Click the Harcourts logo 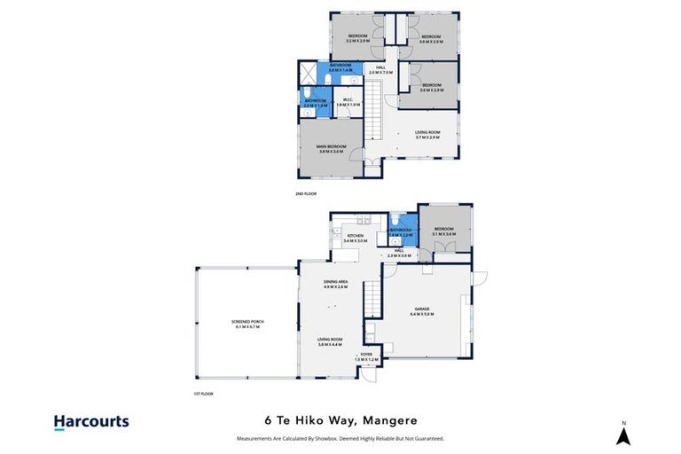click(91, 423)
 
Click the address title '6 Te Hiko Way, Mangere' click(340, 420)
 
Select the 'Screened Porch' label click(247, 324)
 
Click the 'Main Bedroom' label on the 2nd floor click(330, 149)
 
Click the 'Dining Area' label click(334, 285)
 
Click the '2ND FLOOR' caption click(306, 193)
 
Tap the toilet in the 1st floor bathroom click(393, 221)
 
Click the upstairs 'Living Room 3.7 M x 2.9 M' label click(427, 135)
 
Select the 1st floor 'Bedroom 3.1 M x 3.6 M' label click(445, 232)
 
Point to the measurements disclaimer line click(340, 438)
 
